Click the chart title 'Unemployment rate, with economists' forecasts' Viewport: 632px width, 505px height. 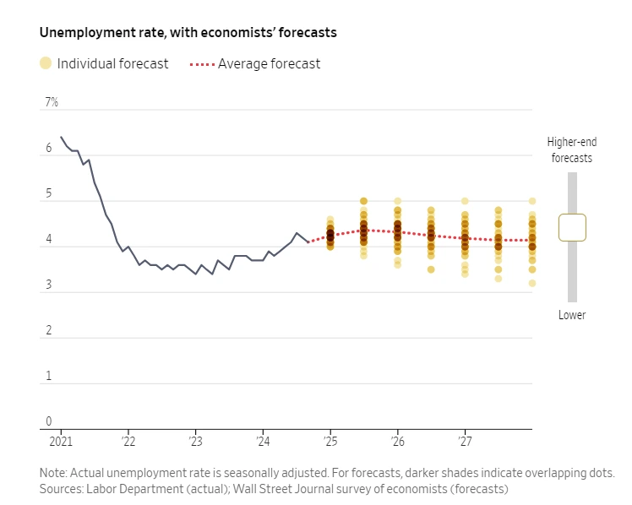click(188, 33)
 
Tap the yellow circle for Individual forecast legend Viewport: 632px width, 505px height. click(46, 63)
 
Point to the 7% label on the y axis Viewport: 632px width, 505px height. click(52, 102)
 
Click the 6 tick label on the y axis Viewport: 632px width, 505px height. click(48, 149)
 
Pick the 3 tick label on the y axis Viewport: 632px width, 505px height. click(48, 285)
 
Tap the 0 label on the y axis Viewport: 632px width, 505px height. click(48, 421)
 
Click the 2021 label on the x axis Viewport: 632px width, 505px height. click(61, 441)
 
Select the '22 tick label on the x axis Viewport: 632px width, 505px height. click(128, 441)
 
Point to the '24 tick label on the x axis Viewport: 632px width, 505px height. click(263, 441)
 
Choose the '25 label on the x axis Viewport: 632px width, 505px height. click(330, 441)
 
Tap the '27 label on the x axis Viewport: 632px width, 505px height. click(465, 441)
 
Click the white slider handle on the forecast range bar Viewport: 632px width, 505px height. click(572, 227)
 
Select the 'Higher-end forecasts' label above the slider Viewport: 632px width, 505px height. click(570, 149)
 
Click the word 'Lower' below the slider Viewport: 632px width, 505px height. click(572, 315)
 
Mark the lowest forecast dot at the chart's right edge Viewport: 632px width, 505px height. click(532, 283)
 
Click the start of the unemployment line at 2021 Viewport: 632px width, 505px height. click(61, 137)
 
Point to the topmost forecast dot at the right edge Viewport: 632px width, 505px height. click(532, 201)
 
